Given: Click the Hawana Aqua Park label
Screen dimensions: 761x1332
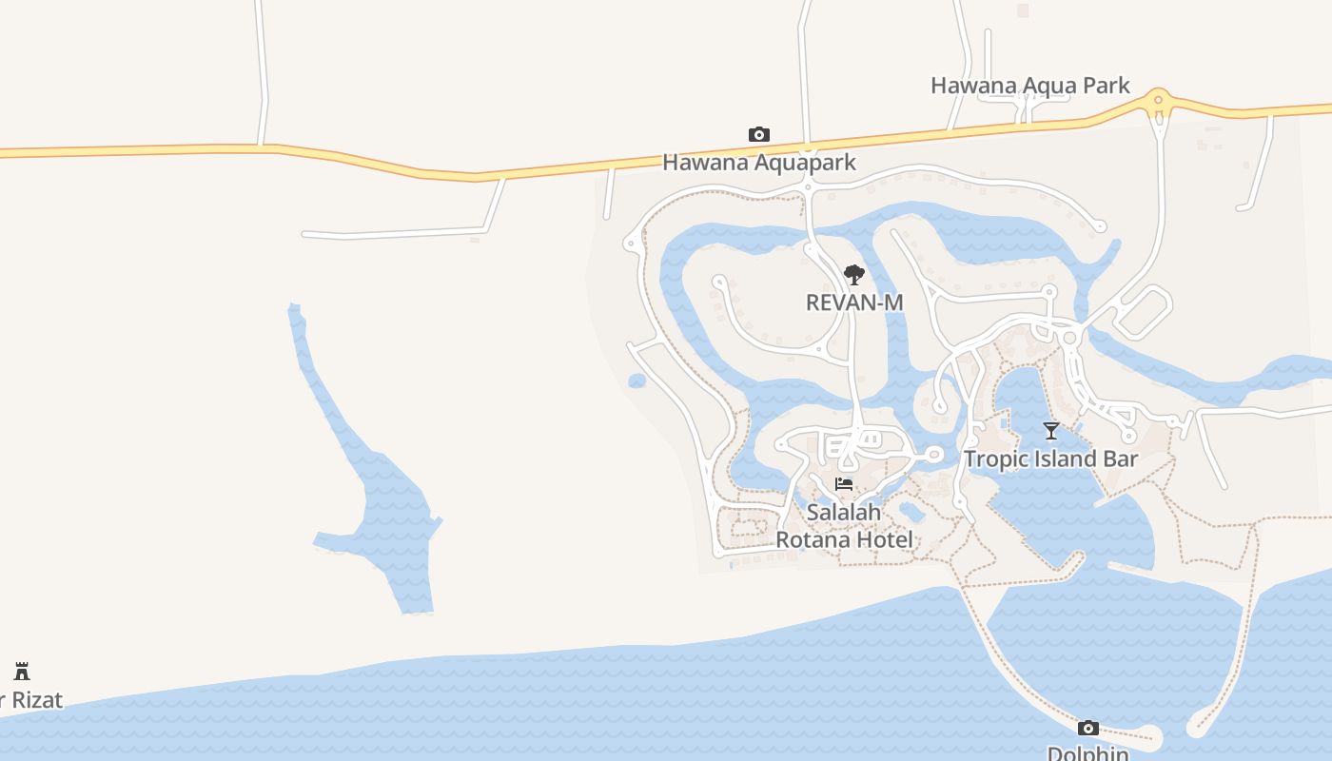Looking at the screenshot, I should tap(1029, 86).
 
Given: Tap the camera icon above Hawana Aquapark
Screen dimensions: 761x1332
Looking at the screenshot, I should tap(758, 134).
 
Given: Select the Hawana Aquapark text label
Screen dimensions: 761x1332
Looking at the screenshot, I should tap(758, 163).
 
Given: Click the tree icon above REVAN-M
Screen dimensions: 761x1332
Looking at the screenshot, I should tap(853, 275).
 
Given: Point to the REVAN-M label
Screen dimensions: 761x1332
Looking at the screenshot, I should tap(853, 302).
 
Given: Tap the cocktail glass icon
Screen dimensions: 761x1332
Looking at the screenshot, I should tap(1050, 431).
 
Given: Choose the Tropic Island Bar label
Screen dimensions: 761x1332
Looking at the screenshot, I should tap(1050, 459).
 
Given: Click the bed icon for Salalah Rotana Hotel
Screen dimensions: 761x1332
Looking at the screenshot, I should tap(843, 484).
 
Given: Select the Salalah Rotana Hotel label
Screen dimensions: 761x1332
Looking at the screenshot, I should tap(844, 526).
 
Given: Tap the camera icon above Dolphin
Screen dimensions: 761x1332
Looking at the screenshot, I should tap(1087, 729).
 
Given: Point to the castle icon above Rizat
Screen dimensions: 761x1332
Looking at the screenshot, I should tap(22, 671).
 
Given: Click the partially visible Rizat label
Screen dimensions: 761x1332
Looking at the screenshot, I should tap(33, 701).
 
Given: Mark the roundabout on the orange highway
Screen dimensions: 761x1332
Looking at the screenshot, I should tap(1158, 100).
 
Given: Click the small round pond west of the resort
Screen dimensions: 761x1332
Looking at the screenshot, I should tap(637, 381).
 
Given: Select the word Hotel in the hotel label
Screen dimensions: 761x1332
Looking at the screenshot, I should tap(885, 540).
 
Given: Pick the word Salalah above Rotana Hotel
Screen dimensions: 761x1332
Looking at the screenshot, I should tap(844, 513).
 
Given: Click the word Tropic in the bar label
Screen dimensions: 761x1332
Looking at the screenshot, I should tap(995, 459).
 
